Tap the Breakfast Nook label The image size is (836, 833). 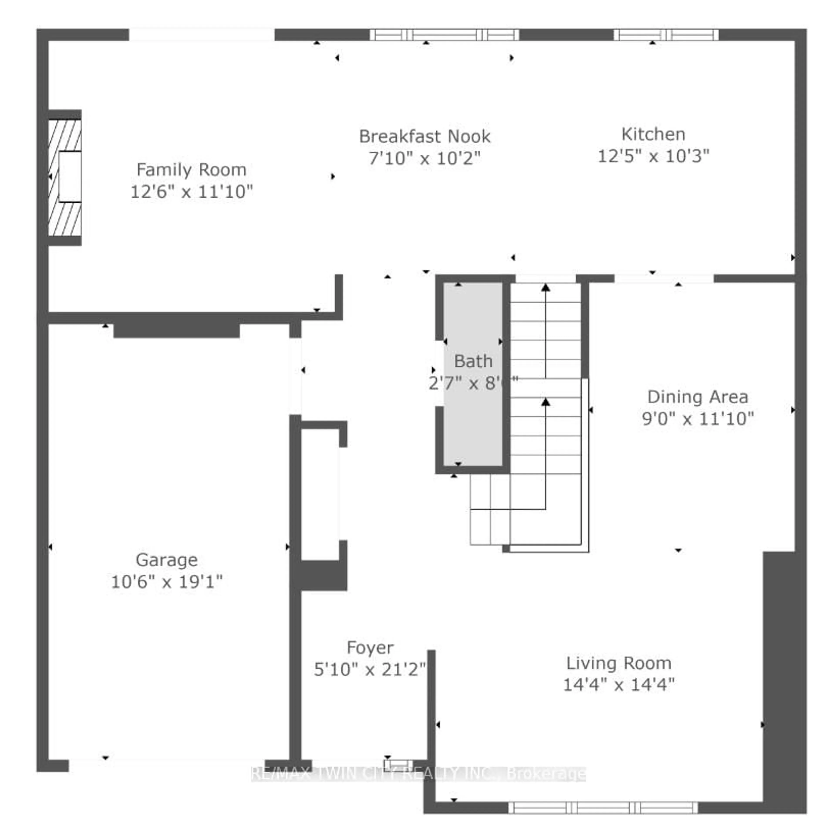425,137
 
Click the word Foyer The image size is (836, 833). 370,648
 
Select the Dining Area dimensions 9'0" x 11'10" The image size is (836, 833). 698,418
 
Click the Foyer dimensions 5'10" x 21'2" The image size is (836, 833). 370,670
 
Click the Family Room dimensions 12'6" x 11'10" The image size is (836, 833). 191,192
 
